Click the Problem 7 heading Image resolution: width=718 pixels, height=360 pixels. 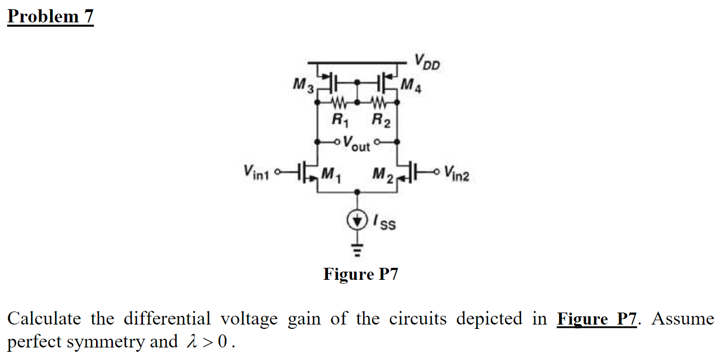point(50,16)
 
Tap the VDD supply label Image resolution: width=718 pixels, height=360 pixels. point(427,61)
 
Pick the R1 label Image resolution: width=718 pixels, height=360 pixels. point(338,120)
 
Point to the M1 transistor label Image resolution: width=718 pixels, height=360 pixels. point(330,175)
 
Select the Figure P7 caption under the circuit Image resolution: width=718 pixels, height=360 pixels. point(361,274)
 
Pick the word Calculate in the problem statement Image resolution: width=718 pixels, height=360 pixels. point(44,319)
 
